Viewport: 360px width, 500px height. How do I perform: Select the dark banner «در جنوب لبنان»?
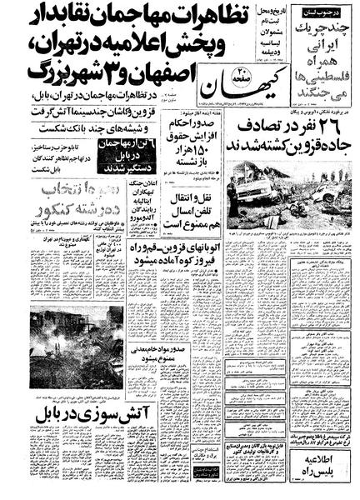(x=328, y=11)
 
